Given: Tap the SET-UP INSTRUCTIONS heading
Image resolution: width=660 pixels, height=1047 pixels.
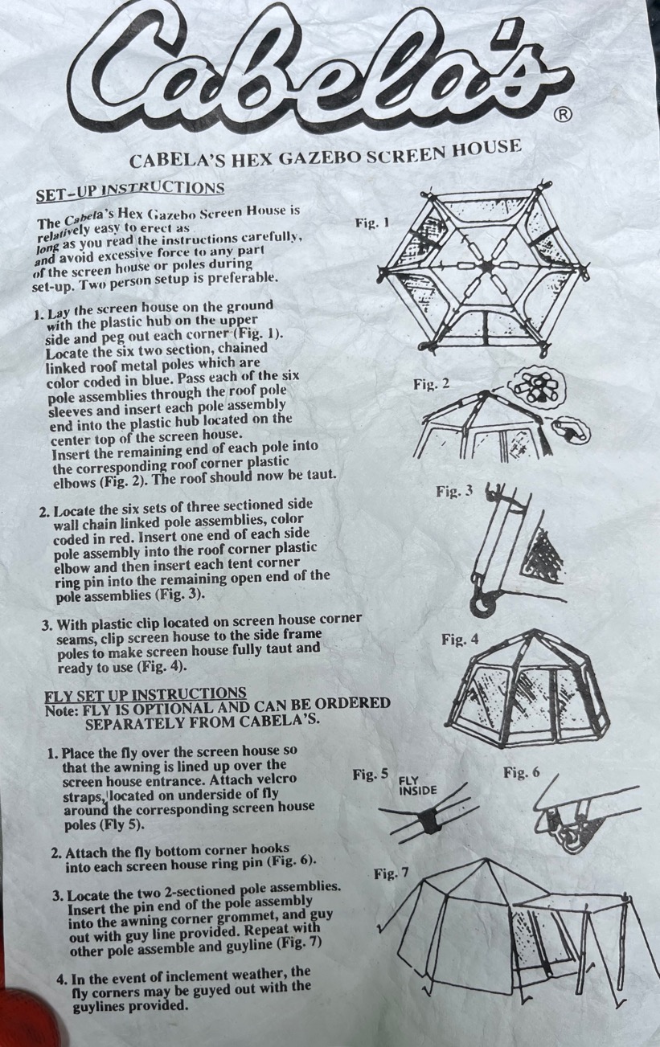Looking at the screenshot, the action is pos(130,190).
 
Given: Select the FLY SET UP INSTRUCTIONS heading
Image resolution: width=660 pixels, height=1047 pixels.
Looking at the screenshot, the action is pos(145,693).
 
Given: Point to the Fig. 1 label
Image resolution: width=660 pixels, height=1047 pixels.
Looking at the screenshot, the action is pos(372,223).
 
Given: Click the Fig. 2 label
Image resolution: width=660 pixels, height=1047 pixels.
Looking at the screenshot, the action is pos(431,384).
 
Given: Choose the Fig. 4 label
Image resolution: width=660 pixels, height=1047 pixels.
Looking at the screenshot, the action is pos(460,640).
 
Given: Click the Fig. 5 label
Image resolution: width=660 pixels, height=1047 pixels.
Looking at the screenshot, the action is pos(371,775).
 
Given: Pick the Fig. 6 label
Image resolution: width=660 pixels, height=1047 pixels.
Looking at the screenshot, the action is pos(521,773).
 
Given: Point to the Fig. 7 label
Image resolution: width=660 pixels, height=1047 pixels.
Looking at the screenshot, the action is pos(391,873).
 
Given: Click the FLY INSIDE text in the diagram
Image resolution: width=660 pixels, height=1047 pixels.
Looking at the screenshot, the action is pos(417,786).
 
